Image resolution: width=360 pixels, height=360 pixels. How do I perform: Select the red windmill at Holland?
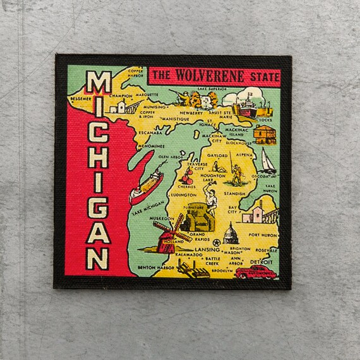[170, 234]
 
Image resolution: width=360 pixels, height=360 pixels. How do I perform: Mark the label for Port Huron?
[263, 234]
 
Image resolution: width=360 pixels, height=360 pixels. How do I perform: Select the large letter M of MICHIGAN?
[99, 84]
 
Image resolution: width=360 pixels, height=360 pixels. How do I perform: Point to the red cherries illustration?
[188, 176]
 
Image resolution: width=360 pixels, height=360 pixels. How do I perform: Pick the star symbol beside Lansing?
[216, 243]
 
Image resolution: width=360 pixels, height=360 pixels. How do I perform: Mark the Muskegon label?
[162, 219]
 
